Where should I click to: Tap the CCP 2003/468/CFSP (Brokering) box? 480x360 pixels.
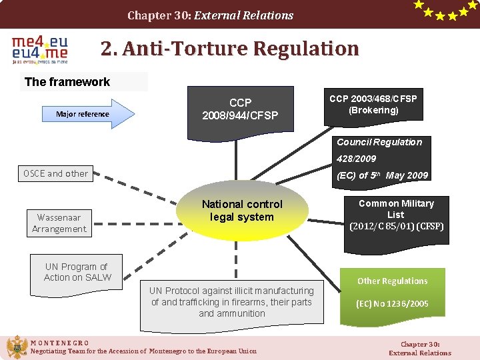[373, 104]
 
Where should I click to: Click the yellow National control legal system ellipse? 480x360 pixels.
[242, 211]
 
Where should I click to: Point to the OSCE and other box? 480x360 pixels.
[55, 173]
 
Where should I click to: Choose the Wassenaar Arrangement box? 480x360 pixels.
[59, 223]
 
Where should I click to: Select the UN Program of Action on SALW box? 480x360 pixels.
[77, 272]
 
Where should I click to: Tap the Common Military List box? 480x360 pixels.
[396, 215]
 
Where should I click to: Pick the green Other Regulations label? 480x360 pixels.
[392, 281]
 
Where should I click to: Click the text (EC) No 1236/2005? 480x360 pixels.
[392, 304]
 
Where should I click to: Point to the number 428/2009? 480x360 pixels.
[356, 159]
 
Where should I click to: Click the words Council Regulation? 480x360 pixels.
[379, 142]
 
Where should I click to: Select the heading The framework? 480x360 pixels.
[67, 82]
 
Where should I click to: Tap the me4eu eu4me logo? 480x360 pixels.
[40, 50]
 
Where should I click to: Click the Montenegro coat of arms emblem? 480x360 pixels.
[16, 347]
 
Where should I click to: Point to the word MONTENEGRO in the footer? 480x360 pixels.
[60, 343]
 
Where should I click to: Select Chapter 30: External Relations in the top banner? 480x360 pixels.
[210, 15]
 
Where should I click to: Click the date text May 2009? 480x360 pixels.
[407, 175]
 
